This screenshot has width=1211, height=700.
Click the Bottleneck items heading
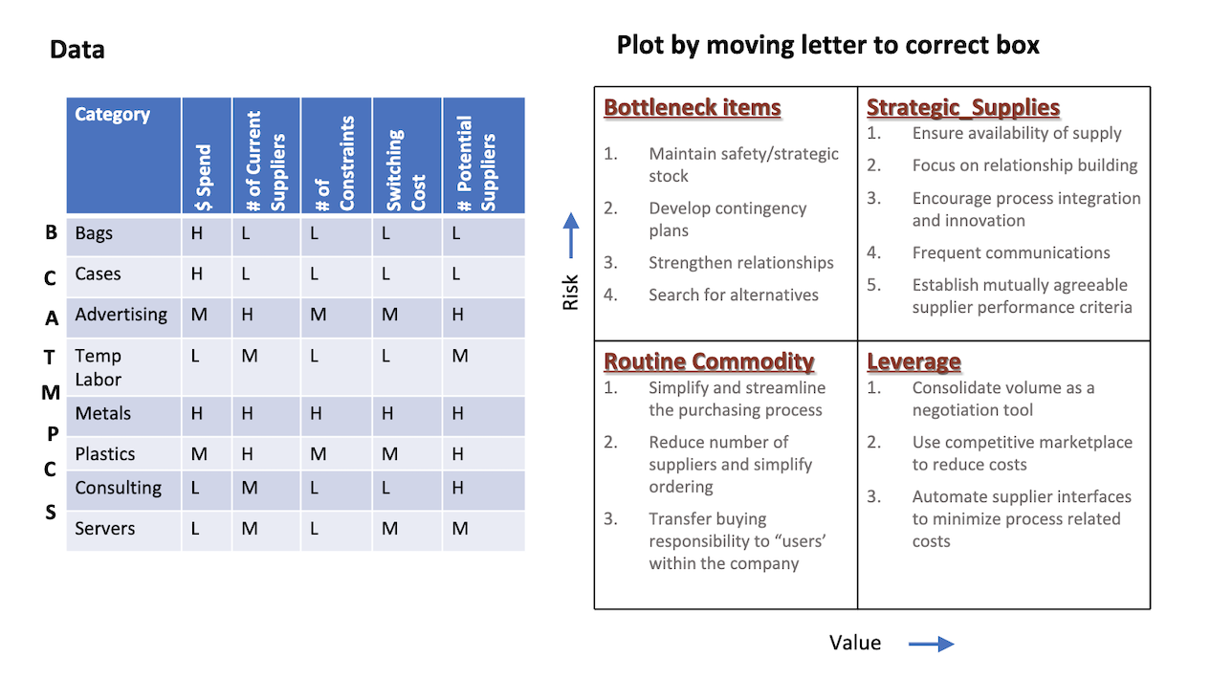[x=693, y=108]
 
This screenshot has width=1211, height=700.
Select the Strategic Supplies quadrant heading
[x=962, y=108]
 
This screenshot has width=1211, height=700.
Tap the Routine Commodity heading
[x=709, y=361]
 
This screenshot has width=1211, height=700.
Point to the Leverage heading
[x=914, y=361]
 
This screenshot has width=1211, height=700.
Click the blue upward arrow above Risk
[x=571, y=235]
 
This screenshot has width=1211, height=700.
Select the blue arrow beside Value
[x=931, y=644]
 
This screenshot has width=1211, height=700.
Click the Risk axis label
[x=571, y=292]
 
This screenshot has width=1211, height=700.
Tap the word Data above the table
[x=77, y=49]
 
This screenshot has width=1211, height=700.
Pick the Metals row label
[x=103, y=414]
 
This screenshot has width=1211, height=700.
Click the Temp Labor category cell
[x=99, y=367]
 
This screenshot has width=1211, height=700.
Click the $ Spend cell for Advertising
[x=199, y=316]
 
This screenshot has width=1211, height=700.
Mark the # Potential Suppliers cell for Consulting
[x=459, y=488]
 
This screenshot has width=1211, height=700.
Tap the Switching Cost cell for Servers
[x=389, y=528]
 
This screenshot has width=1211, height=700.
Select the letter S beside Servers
[x=52, y=513]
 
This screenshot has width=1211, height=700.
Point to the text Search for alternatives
[x=733, y=295]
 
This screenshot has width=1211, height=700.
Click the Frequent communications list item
[x=1010, y=252]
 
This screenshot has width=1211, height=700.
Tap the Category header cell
[x=113, y=115]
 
